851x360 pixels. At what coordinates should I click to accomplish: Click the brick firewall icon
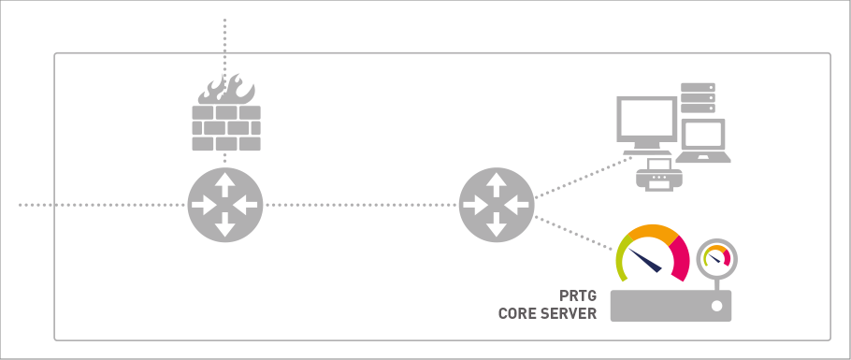click(226, 127)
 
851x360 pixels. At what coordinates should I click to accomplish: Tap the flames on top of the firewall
click(226, 90)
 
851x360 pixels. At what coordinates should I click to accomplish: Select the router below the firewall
click(225, 205)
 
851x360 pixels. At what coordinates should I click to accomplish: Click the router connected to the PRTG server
click(497, 205)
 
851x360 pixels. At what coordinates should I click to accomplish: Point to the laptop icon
click(703, 140)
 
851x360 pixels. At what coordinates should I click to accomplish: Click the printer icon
click(659, 175)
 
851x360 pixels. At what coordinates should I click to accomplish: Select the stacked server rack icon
click(698, 98)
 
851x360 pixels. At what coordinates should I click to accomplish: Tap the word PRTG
click(578, 295)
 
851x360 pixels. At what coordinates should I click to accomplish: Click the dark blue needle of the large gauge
click(644, 260)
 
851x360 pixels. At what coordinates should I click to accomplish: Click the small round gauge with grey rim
click(717, 258)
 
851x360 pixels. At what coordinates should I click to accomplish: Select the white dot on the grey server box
click(716, 306)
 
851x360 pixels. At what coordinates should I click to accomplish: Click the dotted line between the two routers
click(361, 205)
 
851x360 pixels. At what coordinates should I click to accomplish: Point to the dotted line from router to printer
click(584, 177)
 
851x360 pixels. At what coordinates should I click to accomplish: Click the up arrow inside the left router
click(225, 183)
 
